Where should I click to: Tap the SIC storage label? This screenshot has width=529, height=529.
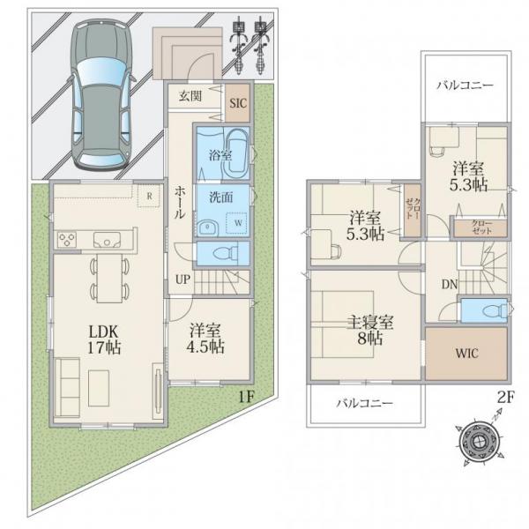(x=238, y=103)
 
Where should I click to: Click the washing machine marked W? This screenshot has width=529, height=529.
(x=237, y=223)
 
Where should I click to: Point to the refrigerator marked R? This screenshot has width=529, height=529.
(x=150, y=196)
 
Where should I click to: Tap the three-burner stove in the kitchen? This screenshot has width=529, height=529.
(x=67, y=240)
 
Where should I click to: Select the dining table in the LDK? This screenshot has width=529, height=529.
(x=109, y=278)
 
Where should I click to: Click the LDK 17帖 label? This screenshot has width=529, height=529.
(x=104, y=339)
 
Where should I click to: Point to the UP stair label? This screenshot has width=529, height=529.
(x=183, y=279)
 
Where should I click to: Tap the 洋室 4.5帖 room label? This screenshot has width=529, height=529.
(x=205, y=339)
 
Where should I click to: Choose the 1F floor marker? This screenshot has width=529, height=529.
(x=246, y=397)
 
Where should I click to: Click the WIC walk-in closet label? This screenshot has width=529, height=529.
(x=467, y=354)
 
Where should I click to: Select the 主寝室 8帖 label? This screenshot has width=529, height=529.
(x=369, y=330)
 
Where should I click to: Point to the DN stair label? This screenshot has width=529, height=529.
(x=450, y=285)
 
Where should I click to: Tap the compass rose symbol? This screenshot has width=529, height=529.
(x=479, y=442)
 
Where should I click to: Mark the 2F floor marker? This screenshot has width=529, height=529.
(x=506, y=398)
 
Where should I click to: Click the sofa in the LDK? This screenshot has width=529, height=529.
(x=67, y=388)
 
